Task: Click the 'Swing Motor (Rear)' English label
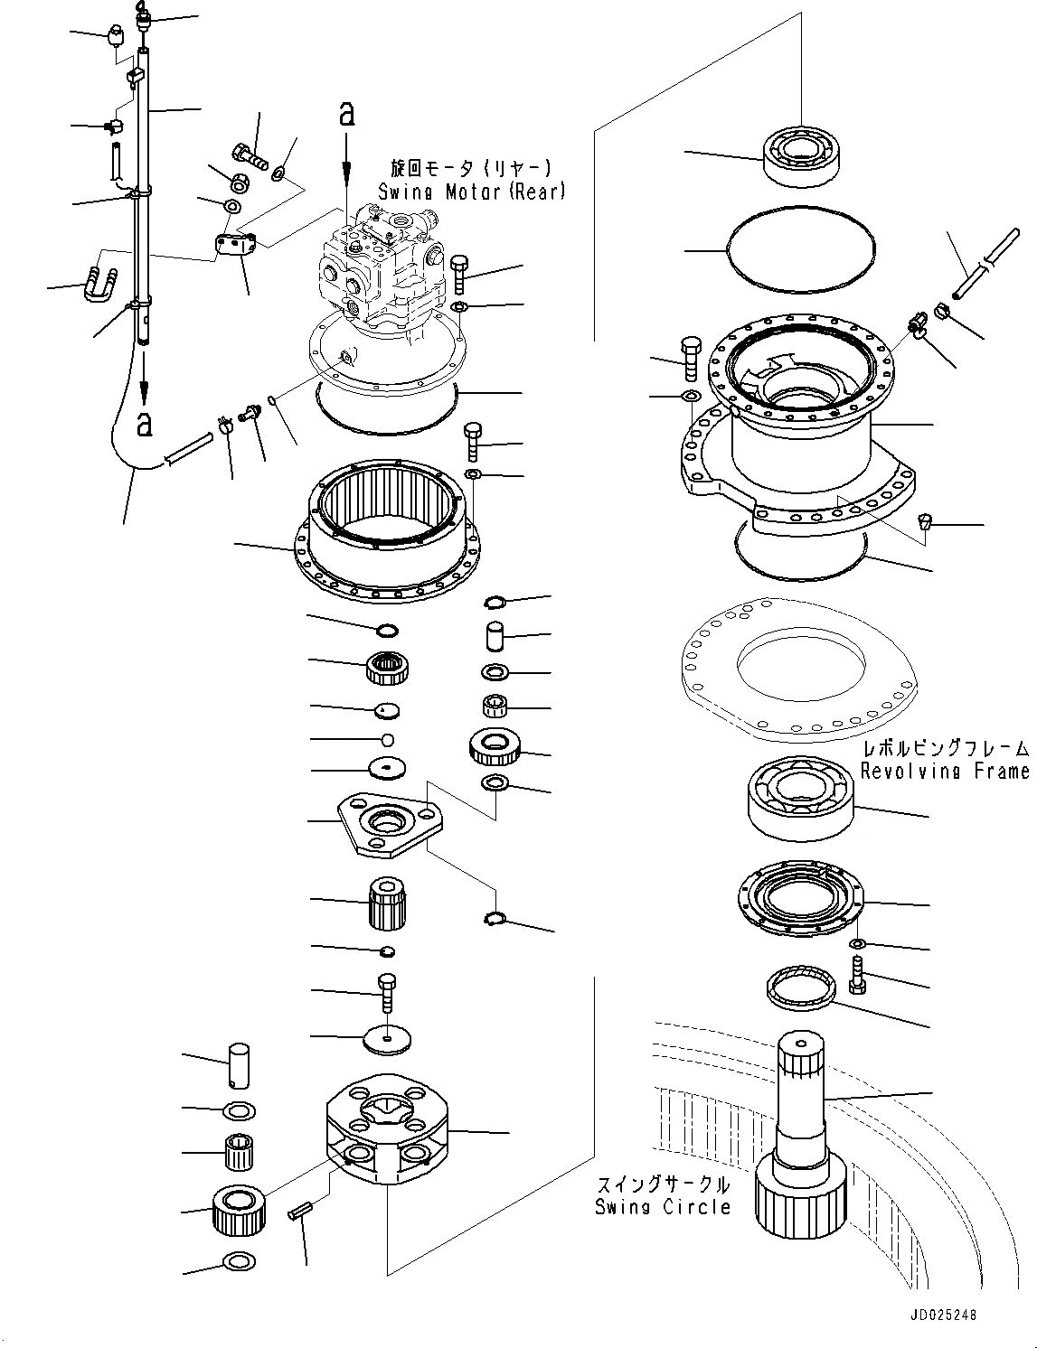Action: point(472,192)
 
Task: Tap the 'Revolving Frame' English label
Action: point(944,771)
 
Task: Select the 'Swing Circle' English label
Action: point(662,1206)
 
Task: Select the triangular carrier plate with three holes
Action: point(391,822)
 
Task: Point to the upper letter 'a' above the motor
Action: point(345,113)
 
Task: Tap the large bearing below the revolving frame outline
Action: point(801,796)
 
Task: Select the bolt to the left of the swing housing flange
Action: point(689,359)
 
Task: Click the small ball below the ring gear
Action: point(387,740)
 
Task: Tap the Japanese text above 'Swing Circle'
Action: point(662,1184)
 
